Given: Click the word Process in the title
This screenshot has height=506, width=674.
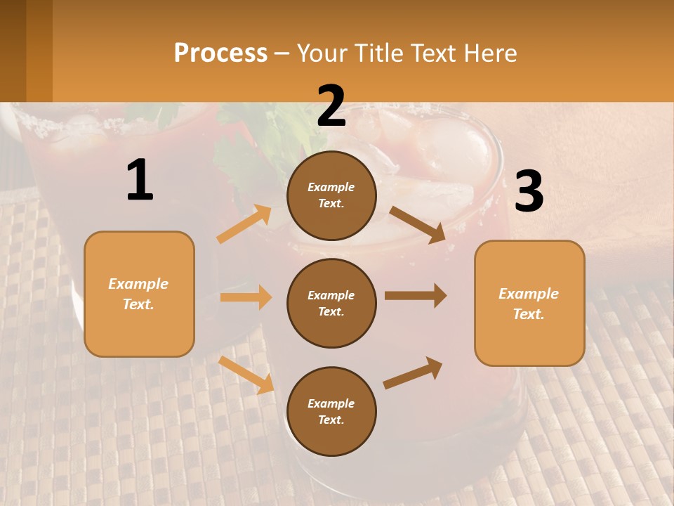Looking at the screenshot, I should (x=220, y=53).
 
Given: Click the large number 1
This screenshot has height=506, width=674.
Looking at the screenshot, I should (x=140, y=181).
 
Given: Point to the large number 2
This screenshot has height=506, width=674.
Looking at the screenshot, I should (x=331, y=106).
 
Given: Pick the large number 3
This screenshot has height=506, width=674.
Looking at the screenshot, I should (x=529, y=192).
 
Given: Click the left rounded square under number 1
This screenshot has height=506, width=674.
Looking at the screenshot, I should (x=139, y=294).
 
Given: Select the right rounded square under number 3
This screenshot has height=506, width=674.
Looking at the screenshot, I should (x=529, y=303).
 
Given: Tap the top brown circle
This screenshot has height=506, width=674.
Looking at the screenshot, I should (x=331, y=195).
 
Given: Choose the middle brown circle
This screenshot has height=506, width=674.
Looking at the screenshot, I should (x=331, y=303).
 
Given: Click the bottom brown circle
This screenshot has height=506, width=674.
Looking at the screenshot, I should (x=331, y=411).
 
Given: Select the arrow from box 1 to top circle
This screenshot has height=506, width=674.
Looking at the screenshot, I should (x=244, y=223).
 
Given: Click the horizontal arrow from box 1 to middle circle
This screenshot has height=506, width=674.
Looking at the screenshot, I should (x=246, y=297).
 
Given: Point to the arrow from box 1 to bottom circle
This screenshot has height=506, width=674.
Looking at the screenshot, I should (x=246, y=374).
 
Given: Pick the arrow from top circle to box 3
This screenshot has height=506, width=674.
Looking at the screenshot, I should (x=417, y=224).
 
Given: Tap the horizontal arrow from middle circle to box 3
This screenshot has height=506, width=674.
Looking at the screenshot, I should (x=416, y=296).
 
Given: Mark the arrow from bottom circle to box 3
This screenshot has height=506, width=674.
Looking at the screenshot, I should (x=413, y=372).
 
